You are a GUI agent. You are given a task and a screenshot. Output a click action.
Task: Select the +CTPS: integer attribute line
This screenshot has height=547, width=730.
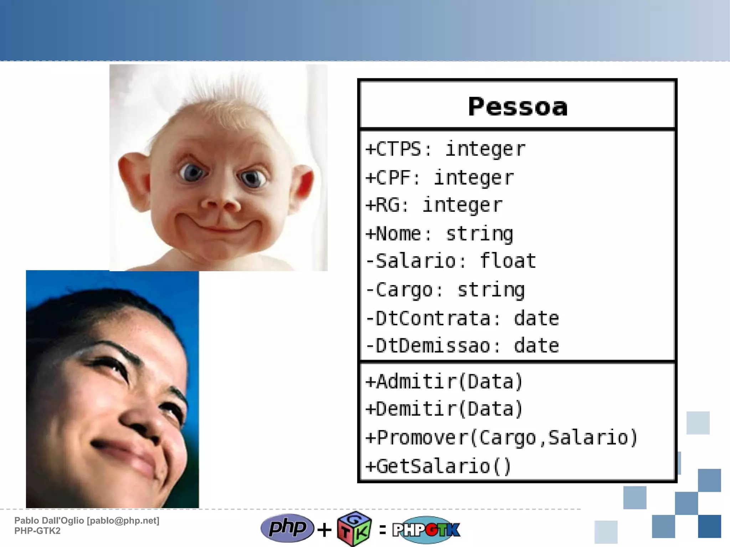[x=446, y=149]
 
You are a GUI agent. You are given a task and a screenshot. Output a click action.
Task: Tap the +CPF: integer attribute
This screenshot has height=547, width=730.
[x=440, y=177]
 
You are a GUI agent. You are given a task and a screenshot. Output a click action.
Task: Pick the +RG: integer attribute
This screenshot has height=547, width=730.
[x=434, y=205]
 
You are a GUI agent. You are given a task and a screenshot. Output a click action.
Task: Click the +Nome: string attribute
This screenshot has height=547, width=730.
[x=439, y=234]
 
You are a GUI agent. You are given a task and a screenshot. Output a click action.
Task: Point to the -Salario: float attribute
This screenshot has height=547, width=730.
[x=451, y=261]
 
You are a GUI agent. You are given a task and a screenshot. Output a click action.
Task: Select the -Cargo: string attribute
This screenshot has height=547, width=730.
[x=445, y=290]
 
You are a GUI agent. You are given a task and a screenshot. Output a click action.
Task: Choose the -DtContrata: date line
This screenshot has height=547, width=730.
[x=462, y=318]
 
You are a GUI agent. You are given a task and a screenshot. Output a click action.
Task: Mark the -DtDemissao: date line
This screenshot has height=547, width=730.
[x=462, y=346]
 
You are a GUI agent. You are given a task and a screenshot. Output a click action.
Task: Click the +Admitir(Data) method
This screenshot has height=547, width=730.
[x=444, y=382]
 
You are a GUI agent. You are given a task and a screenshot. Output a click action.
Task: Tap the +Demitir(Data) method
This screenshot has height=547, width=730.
[x=444, y=409]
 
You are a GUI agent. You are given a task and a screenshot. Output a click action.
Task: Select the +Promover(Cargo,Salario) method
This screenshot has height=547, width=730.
[x=502, y=438]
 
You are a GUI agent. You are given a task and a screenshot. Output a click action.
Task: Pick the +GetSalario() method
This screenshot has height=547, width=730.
[x=439, y=466]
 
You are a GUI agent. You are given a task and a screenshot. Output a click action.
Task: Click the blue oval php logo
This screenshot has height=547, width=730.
[x=287, y=528]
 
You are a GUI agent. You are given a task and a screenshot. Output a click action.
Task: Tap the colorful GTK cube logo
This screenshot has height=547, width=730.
[x=354, y=529]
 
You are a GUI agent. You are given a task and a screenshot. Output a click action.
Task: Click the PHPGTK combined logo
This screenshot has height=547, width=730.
[x=426, y=530]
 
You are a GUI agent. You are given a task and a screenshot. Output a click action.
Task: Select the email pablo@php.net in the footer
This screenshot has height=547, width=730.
[x=123, y=521]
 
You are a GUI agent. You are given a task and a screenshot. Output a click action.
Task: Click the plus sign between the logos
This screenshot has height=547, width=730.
[x=324, y=530]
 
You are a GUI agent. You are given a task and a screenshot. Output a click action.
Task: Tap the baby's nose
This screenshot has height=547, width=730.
[x=220, y=203]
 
